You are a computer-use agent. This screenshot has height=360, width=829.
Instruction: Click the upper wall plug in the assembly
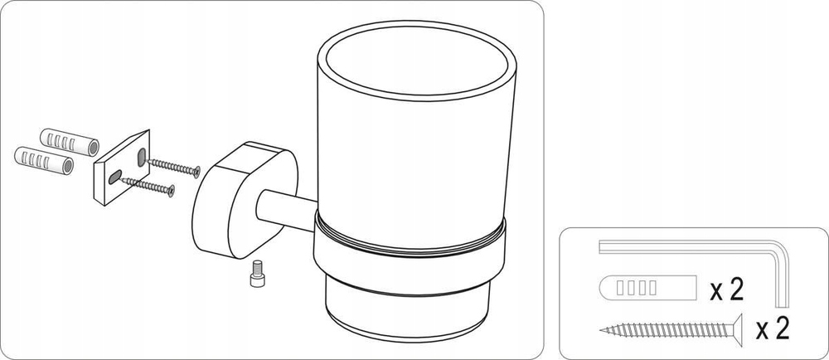click(70, 142)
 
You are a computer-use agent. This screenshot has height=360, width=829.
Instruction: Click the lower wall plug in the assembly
click(44, 161)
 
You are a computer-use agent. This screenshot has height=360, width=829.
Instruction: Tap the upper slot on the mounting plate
click(142, 157)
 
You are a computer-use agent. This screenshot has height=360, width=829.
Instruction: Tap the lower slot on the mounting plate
click(115, 178)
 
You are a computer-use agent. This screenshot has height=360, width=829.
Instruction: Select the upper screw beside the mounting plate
click(173, 166)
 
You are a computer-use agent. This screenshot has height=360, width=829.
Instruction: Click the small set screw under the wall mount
click(257, 273)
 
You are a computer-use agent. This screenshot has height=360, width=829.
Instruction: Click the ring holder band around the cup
click(410, 250)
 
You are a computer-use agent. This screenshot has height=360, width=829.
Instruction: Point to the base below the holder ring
click(407, 313)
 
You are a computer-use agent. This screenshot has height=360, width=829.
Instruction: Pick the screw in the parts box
click(671, 329)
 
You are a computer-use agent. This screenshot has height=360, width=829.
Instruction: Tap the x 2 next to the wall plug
click(726, 290)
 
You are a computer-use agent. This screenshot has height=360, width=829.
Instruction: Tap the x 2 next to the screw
click(773, 328)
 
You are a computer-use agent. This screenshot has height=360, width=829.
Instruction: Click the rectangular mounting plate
click(122, 167)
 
